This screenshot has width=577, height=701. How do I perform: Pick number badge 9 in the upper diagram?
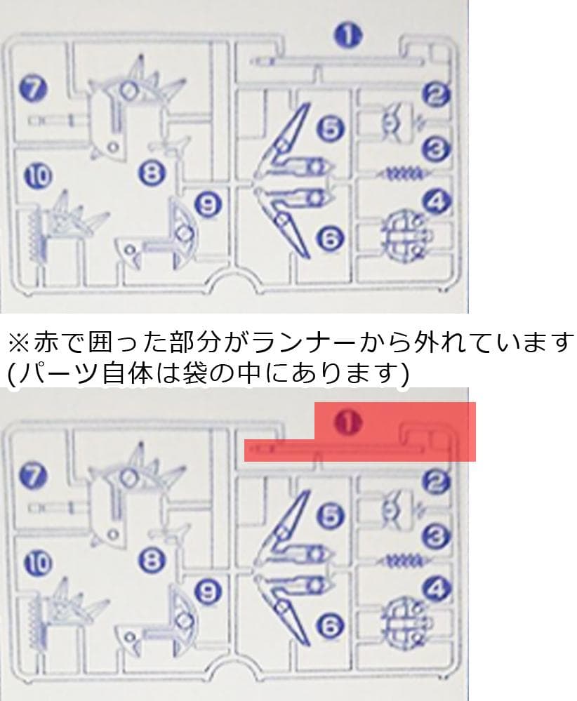pos(208,204)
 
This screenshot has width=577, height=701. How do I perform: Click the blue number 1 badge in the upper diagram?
pos(346,34)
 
